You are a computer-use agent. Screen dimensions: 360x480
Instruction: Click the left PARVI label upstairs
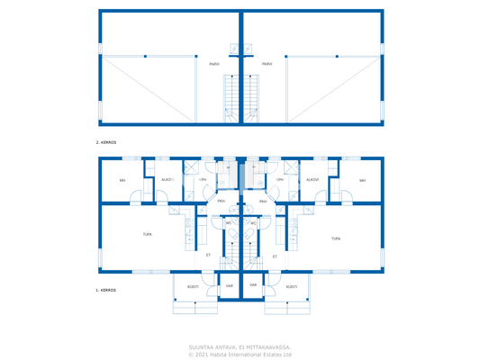(213, 65)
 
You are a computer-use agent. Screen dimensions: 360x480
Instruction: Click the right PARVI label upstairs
(267, 65)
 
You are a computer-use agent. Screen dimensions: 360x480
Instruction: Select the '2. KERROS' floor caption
(107, 143)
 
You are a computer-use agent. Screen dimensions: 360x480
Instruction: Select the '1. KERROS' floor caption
(107, 291)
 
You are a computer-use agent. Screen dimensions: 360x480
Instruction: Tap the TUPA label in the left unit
(147, 236)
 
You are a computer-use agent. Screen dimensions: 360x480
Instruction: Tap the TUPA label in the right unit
(335, 238)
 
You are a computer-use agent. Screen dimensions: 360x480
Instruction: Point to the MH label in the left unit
(122, 180)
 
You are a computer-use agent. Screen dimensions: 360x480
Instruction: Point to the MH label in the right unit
(362, 180)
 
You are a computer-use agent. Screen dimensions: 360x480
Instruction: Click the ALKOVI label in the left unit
(168, 179)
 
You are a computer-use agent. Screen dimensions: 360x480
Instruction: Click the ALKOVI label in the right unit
(312, 179)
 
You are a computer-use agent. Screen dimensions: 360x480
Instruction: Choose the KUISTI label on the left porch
(193, 286)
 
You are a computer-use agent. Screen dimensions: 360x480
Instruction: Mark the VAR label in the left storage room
(230, 285)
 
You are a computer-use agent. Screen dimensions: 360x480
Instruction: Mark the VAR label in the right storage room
(253, 285)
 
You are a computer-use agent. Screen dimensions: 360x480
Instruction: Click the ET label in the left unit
(209, 256)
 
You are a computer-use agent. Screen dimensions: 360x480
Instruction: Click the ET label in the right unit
(275, 256)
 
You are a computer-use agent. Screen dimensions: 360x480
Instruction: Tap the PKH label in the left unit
(221, 202)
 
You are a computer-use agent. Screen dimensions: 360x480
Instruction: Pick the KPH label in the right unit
(280, 179)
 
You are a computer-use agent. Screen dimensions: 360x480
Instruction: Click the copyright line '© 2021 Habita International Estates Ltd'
(240, 354)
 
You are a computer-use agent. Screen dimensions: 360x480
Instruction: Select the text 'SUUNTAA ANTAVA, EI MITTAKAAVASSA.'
(240, 346)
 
